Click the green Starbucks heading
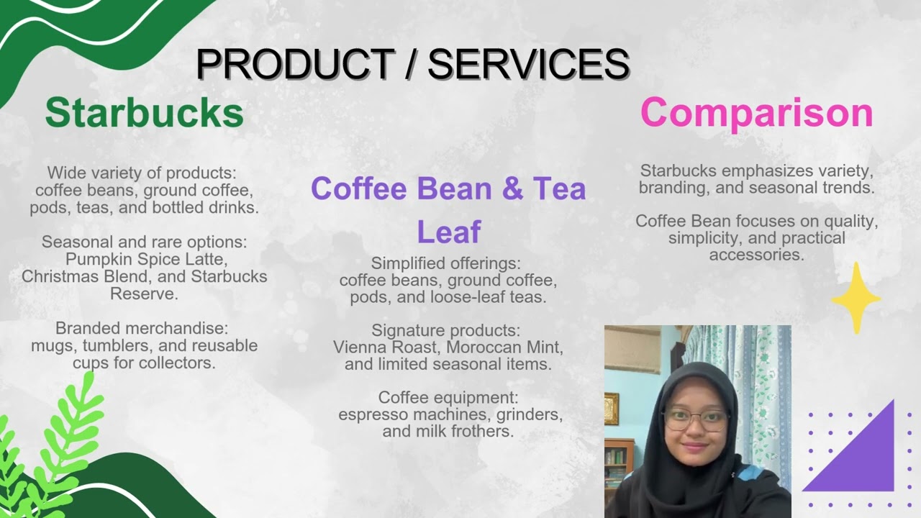(144, 113)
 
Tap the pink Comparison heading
(756, 113)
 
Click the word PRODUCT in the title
(294, 64)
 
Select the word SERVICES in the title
(529, 64)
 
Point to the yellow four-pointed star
(856, 298)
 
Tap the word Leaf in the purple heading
(448, 232)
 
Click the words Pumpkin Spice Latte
(144, 259)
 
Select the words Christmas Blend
(78, 276)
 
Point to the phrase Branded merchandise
(141, 328)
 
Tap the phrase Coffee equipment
(448, 397)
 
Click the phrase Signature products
(445, 330)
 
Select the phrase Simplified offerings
(445, 263)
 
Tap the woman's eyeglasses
(696, 419)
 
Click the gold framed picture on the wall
(612, 408)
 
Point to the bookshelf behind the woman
(618, 464)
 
